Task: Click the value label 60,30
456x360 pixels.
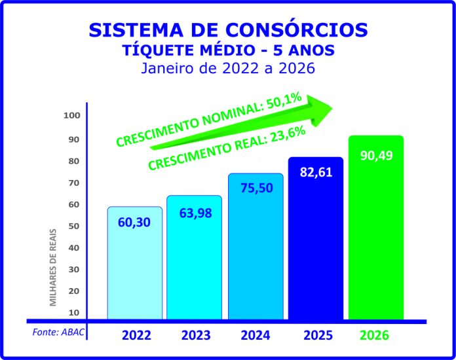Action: (x=134, y=223)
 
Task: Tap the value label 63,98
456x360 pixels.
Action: (x=194, y=213)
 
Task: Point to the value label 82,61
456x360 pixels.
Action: (x=316, y=174)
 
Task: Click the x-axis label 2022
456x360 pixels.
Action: (x=137, y=336)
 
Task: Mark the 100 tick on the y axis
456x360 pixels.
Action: (x=71, y=116)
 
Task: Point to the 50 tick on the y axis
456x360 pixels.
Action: (x=73, y=226)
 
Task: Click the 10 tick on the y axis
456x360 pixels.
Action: (x=73, y=312)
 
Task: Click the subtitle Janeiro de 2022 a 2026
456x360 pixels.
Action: (x=228, y=68)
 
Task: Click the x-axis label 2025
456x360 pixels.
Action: (x=318, y=336)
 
